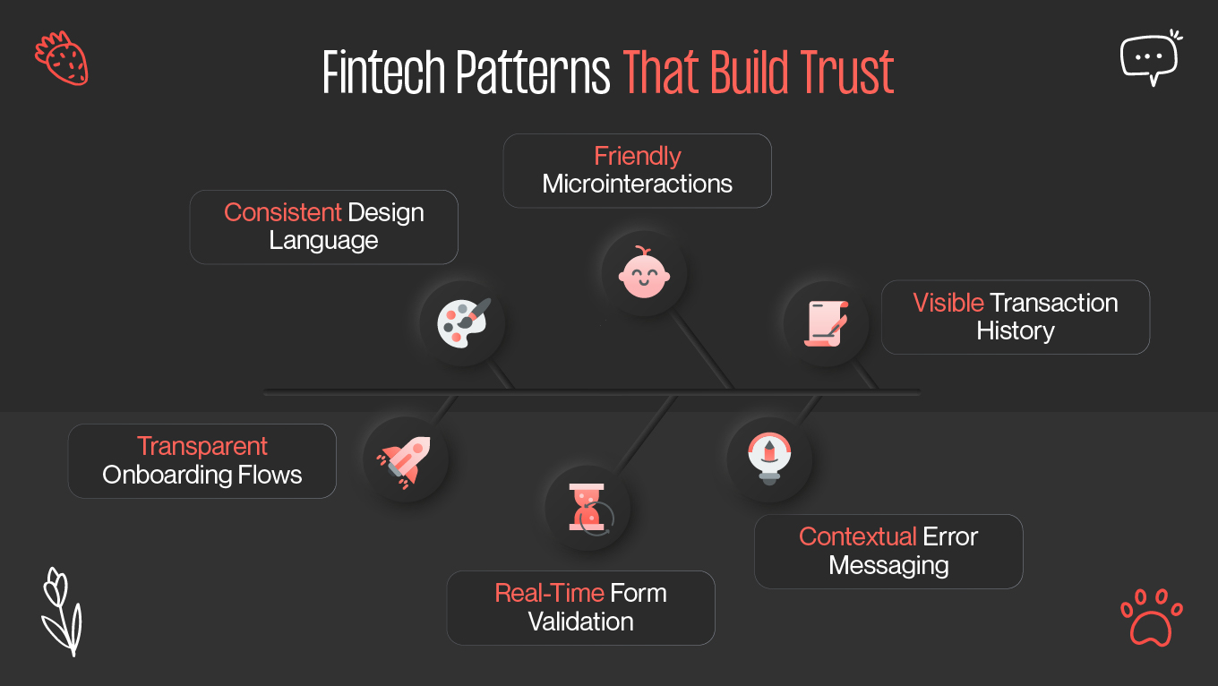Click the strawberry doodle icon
click(62, 58)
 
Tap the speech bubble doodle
click(1150, 57)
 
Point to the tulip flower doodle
click(61, 611)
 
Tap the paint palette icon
click(463, 322)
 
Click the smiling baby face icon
click(644, 273)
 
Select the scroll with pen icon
click(827, 323)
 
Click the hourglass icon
click(588, 510)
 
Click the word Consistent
click(283, 212)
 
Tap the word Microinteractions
click(637, 184)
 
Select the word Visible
click(948, 303)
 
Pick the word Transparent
click(202, 446)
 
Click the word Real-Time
click(549, 593)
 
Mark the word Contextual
click(857, 536)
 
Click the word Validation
click(580, 622)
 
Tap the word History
click(1015, 331)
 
